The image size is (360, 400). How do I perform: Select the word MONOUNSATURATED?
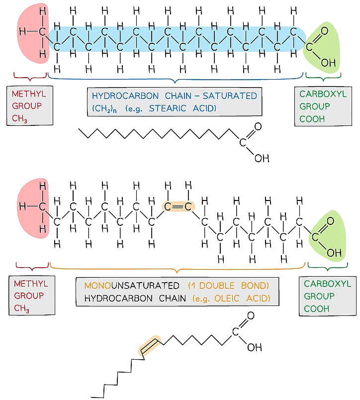click(132, 286)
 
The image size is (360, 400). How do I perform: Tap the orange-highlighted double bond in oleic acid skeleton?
click(149, 346)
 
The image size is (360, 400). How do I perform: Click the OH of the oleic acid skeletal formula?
click(254, 347)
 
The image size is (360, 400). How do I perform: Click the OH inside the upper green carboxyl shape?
click(328, 63)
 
